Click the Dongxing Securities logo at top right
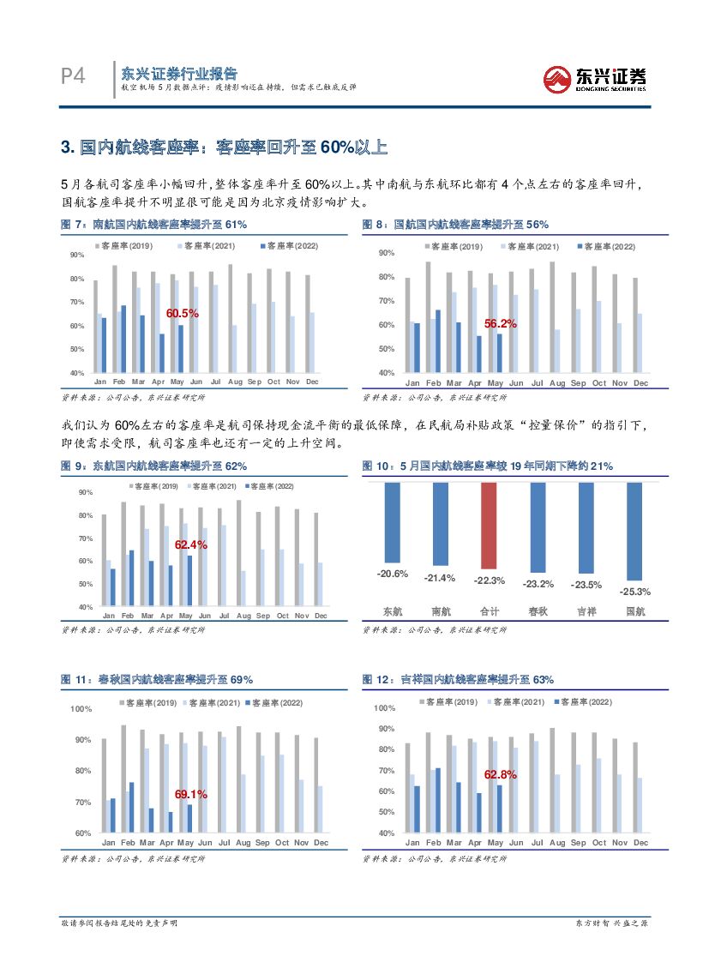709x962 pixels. (595, 78)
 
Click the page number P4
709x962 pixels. (73, 77)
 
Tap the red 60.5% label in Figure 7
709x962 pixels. (182, 314)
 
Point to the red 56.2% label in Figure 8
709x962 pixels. (500, 324)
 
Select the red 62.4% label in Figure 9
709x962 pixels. (190, 544)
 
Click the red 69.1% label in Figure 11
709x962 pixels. (190, 795)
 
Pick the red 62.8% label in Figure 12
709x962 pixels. (500, 775)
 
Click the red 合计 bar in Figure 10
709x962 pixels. (488, 526)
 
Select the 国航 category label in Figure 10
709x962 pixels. (634, 611)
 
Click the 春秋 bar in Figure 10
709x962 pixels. (538, 527)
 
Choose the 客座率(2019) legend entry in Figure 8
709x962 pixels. (454, 247)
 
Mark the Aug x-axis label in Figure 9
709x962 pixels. (243, 616)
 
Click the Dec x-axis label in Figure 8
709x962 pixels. (640, 383)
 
